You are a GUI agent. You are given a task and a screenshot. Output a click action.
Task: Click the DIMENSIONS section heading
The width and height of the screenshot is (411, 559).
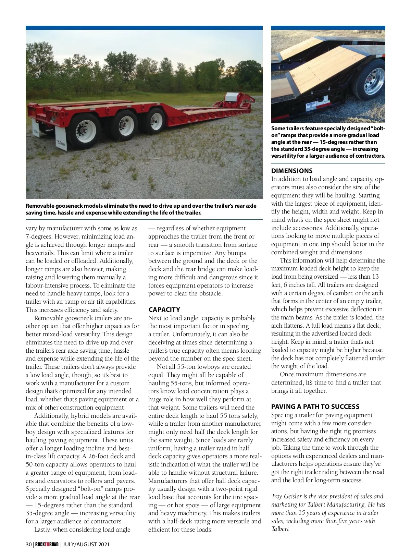click(x=292, y=171)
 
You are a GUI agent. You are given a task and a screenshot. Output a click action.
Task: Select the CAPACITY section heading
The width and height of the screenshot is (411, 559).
click(x=164, y=309)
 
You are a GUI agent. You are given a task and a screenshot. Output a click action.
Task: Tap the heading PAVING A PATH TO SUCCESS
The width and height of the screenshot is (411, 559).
click(x=315, y=406)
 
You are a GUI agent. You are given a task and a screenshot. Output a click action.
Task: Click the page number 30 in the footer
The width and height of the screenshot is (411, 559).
click(x=29, y=544)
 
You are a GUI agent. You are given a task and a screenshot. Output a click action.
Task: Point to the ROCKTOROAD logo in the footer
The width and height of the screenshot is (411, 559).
click(x=47, y=544)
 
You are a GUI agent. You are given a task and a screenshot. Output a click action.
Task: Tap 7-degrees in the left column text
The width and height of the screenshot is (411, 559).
click(x=39, y=236)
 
